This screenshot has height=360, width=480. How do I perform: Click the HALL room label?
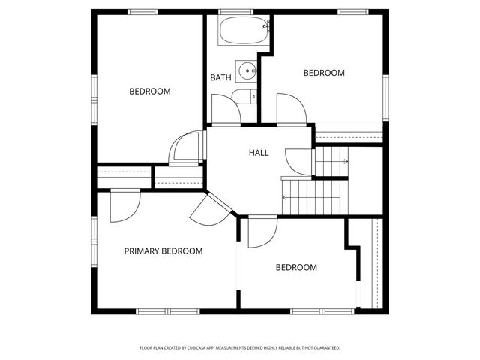pos(259,153)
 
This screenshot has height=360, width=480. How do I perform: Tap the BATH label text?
pos(220,77)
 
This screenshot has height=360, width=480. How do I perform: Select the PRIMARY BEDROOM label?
pos(163,251)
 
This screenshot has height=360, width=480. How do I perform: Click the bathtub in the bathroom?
pos(243,32)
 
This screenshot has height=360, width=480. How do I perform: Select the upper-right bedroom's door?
pos(291,109)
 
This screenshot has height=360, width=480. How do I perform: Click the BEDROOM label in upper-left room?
pos(150,91)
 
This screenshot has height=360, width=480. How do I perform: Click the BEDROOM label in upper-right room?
pos(324,73)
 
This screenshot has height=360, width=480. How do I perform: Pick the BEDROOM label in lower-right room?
pos(296,268)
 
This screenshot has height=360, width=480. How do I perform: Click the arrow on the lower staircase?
pos(286,197)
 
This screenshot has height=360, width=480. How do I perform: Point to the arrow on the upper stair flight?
pos(344,161)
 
